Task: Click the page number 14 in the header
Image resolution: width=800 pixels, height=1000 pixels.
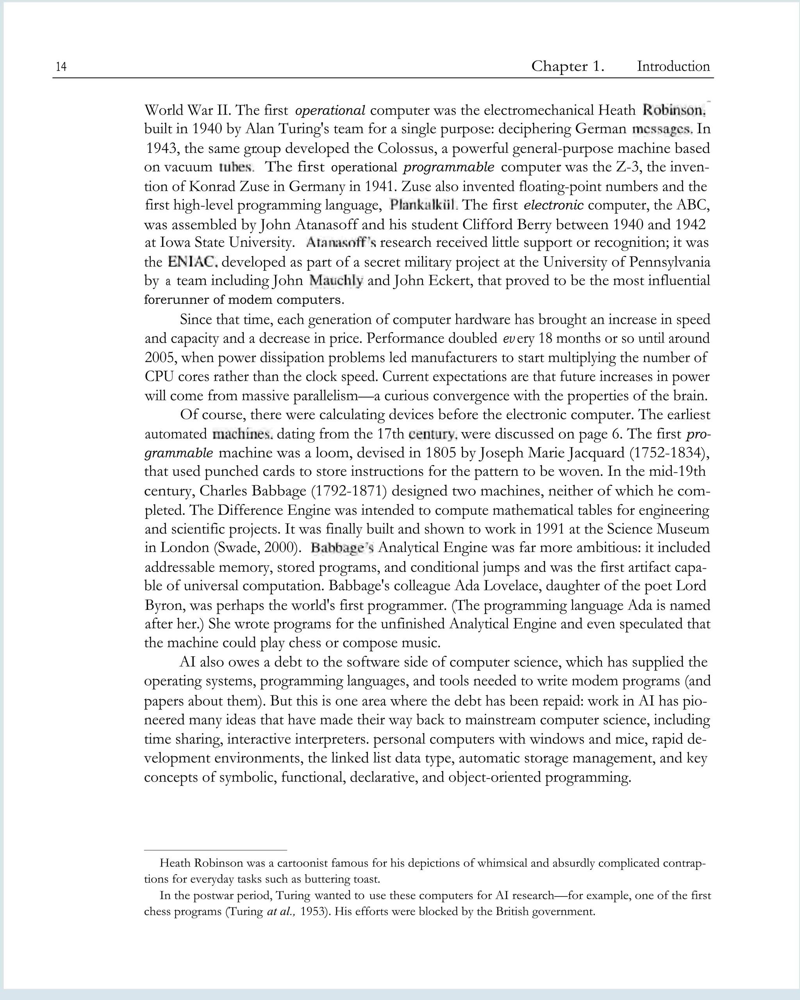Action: click(x=61, y=67)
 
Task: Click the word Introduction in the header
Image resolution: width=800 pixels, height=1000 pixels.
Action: click(x=673, y=66)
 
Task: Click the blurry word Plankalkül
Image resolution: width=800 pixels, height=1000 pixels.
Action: click(x=423, y=205)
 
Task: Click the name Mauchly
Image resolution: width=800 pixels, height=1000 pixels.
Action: click(x=336, y=280)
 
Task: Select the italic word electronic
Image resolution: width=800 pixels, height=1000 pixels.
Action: click(x=553, y=205)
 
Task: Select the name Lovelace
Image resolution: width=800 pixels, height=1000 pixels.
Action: click(x=511, y=586)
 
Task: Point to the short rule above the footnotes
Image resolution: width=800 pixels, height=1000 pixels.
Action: click(x=216, y=850)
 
